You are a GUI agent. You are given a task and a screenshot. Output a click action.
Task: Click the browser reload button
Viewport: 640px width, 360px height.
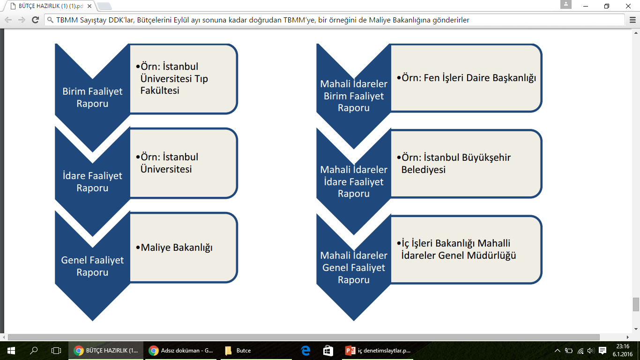[x=35, y=20]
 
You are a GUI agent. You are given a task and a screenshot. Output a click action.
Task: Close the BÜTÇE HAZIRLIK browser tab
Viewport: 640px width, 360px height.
[x=89, y=6]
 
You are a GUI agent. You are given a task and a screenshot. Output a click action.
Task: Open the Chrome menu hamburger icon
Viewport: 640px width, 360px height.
[x=633, y=20]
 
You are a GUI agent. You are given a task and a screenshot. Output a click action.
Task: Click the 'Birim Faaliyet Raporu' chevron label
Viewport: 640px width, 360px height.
[x=92, y=97]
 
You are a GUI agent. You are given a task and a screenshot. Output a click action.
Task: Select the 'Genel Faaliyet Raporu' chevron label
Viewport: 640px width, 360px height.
[x=92, y=266]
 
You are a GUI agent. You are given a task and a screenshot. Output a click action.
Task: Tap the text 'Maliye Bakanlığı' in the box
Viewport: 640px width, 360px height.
[x=177, y=247]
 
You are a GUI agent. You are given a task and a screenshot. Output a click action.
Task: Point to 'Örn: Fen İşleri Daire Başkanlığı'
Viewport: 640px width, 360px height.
[x=469, y=78]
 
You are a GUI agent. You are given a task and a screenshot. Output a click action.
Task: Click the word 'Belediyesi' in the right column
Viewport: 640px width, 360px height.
[x=424, y=170]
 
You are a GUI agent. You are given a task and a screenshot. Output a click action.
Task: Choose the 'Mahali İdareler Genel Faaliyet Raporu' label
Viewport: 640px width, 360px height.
[x=354, y=267]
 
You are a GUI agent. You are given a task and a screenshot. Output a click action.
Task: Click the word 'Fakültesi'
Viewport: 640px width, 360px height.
[x=160, y=90]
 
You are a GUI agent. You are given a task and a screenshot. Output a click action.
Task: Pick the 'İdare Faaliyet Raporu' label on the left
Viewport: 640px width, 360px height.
[x=92, y=181]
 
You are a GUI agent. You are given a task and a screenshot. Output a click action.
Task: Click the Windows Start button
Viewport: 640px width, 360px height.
[x=11, y=351]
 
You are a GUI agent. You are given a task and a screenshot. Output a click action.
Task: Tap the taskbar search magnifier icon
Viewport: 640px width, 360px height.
[x=34, y=351]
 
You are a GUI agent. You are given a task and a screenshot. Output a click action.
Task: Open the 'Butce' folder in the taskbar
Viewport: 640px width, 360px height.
[x=238, y=351]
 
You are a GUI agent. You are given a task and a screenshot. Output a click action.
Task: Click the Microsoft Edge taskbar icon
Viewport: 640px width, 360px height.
[x=305, y=351]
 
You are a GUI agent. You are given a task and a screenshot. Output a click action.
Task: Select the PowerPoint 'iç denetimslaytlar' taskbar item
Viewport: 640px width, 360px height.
[x=378, y=351]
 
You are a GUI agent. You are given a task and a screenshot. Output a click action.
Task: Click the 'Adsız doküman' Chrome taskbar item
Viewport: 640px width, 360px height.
[x=180, y=351]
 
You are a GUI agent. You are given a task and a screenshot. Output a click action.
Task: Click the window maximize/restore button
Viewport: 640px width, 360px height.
[x=607, y=6]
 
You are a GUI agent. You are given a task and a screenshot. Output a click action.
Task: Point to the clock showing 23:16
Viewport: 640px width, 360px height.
[x=623, y=346]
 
